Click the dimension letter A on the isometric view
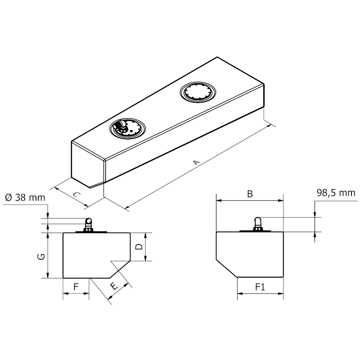point(196,162)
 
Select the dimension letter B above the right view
point(250,194)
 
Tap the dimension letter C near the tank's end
point(76,195)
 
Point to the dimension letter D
point(139,247)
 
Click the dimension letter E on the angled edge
point(114,286)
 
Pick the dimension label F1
point(260,287)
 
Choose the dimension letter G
point(41,256)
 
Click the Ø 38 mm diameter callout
point(25,198)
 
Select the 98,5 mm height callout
point(336,193)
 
